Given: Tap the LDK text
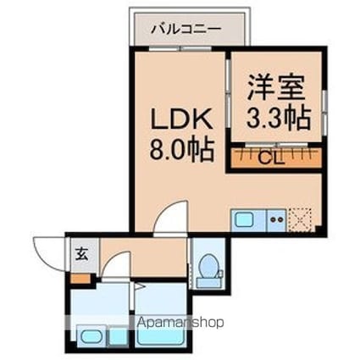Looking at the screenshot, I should point(179,117).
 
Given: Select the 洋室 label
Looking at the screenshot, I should point(274,86).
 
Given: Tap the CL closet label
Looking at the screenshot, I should point(271,157).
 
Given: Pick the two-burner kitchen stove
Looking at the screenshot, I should point(277,219).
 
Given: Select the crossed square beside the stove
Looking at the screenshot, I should point(302,219).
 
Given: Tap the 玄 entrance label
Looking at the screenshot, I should point(82,252).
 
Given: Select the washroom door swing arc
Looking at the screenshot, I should point(119,264).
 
